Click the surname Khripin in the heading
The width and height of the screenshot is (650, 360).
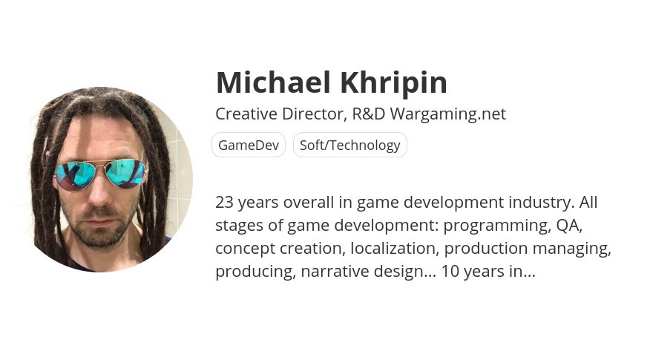394,82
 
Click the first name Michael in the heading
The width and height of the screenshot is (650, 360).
273,82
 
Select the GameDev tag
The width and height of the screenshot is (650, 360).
249,145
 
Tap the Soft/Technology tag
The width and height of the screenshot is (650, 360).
350,145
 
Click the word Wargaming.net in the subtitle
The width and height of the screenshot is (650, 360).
447,114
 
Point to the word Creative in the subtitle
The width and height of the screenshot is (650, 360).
246,114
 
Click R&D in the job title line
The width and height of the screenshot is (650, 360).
369,114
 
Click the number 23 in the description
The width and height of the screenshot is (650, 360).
224,203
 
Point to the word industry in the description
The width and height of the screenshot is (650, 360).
542,203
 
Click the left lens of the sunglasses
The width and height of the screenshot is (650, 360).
76,175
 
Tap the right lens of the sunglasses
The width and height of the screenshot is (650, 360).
125,174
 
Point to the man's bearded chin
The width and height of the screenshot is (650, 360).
99,235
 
